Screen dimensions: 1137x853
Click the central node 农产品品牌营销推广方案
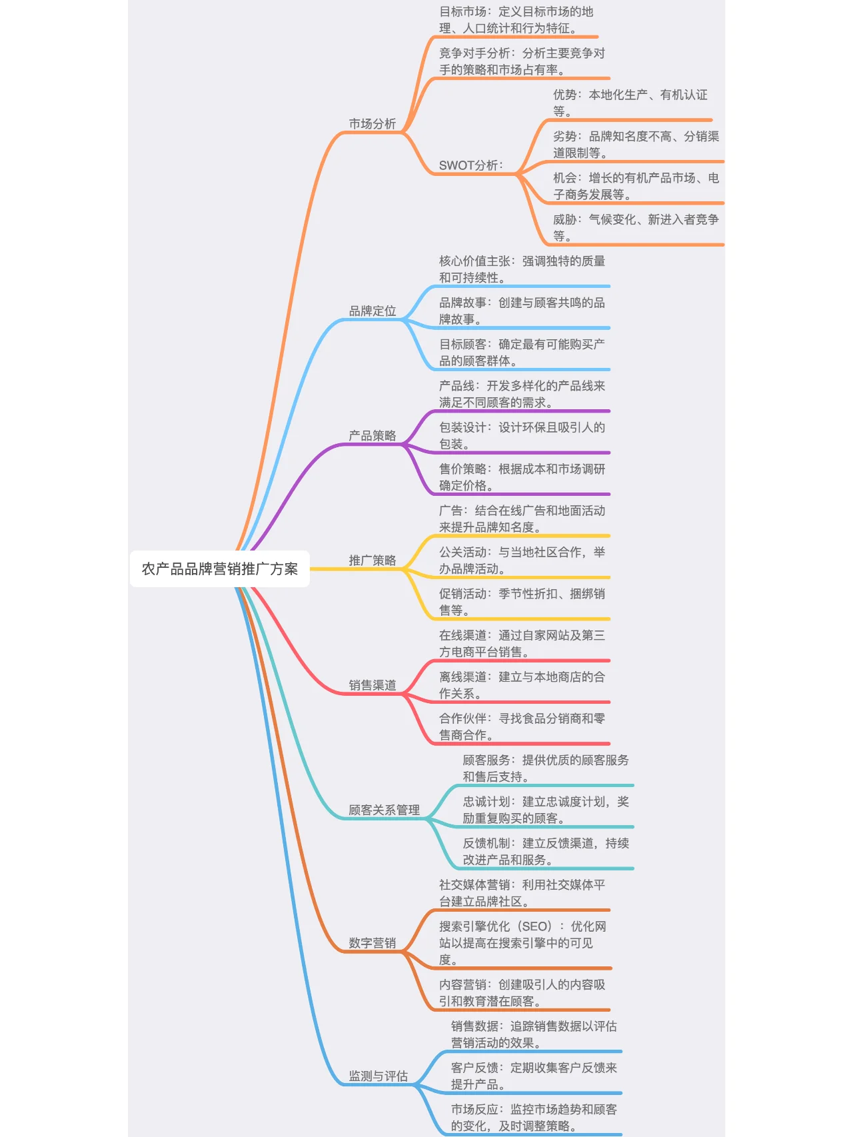[219, 568]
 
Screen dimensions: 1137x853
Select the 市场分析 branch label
[372, 124]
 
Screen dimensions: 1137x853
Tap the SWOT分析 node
[470, 165]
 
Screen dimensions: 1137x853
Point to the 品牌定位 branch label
[372, 311]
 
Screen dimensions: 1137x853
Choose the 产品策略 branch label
[372, 435]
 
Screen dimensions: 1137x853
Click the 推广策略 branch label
[372, 560]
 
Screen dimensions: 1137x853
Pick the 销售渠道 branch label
[372, 684]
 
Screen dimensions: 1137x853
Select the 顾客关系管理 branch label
[384, 810]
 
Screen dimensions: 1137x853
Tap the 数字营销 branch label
[372, 942]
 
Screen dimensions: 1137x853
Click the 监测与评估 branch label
[378, 1076]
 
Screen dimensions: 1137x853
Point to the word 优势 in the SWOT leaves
[564, 95]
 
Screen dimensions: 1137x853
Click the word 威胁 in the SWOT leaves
[564, 220]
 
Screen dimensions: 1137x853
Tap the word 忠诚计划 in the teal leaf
[486, 802]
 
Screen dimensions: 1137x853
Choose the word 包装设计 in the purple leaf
[462, 427]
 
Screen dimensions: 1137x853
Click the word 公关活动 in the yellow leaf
[462, 552]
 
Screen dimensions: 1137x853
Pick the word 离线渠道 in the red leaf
[462, 677]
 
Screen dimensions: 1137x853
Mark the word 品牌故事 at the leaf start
[462, 303]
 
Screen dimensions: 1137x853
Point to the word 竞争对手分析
[474, 53]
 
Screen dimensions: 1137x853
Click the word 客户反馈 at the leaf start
[474, 1068]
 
